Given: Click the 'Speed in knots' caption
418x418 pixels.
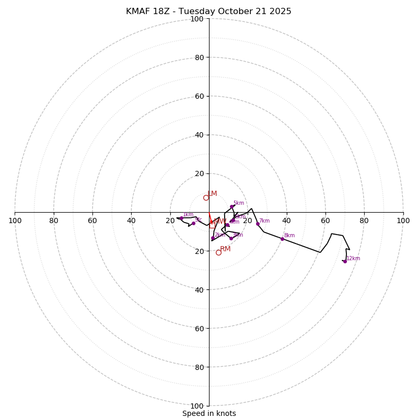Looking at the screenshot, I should point(209,413).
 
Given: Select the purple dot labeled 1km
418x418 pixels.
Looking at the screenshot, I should point(181,218).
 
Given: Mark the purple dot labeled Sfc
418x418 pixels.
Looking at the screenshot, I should point(193,223).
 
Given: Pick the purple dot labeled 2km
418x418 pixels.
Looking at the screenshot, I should point(213,238).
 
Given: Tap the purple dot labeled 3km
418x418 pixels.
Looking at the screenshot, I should point(231,238).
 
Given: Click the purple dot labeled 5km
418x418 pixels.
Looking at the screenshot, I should point(231,206).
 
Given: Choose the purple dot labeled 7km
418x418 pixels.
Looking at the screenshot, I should point(258,224).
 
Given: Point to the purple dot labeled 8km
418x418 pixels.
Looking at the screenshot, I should point(282,239).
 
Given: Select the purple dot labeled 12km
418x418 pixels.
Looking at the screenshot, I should point(345,261).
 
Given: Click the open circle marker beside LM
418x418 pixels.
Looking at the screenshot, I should point(206,198).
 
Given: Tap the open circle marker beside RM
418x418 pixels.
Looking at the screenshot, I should point(218,252).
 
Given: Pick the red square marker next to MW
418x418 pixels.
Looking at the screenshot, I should point(212,225).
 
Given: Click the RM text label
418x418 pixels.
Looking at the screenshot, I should point(225,249).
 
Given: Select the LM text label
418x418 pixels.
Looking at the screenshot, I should point(212,194).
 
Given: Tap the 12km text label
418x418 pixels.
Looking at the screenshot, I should point(354,258).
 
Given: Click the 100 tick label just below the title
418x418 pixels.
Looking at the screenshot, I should point(196,19).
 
